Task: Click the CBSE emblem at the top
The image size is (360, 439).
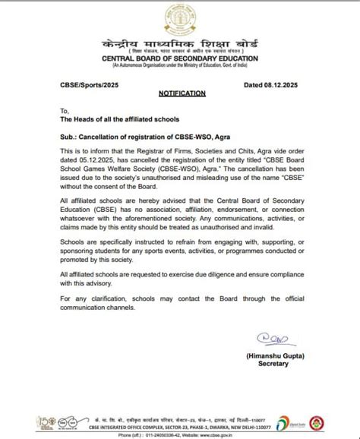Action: (180, 16)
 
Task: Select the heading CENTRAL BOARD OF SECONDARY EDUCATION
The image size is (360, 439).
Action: (180, 58)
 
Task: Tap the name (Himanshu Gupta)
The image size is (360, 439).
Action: (273, 355)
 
